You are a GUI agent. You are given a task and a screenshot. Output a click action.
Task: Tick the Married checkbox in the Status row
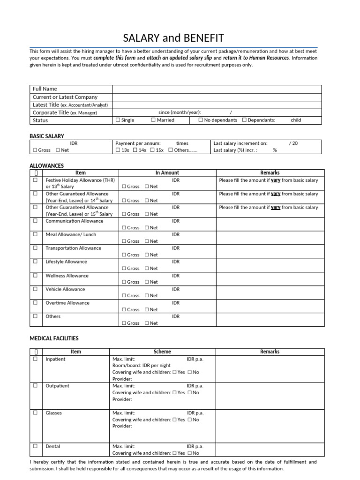[153, 120]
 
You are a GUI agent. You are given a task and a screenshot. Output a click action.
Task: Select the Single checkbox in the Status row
[118, 120]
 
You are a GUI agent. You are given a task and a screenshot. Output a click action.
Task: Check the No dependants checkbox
[201, 120]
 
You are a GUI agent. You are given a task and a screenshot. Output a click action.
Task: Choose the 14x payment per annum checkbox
[135, 150]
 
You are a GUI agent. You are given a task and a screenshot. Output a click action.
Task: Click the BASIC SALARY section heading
[46, 136]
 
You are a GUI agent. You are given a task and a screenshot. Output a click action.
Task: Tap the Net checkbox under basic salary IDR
[58, 150]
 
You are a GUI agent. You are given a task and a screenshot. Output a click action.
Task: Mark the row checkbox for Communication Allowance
[35, 221]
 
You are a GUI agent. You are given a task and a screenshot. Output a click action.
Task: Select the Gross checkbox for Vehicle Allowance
[124, 296]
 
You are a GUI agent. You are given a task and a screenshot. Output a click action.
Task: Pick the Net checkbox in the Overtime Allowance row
[147, 310]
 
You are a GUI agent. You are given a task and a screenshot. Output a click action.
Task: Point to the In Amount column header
[167, 173]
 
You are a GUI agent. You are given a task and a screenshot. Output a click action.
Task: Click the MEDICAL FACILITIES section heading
[54, 338]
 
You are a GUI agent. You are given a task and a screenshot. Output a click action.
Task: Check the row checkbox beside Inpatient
[35, 359]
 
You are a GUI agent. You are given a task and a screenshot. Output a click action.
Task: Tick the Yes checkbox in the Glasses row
[174, 420]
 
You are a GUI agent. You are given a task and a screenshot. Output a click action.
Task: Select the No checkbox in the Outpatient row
[189, 393]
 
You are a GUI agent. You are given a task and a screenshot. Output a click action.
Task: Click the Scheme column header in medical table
[162, 352]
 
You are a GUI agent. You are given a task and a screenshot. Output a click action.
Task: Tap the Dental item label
[52, 447]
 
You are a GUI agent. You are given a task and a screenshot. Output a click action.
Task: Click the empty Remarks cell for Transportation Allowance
[270, 251]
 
